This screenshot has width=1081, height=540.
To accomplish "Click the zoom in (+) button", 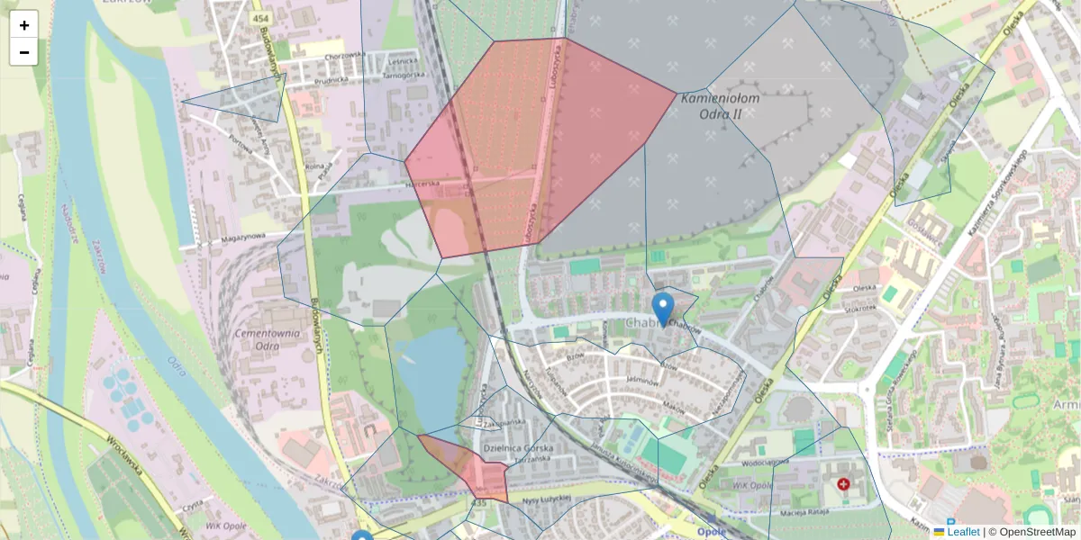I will click(x=24, y=25).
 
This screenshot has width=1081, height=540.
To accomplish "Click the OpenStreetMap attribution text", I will click(x=1037, y=532).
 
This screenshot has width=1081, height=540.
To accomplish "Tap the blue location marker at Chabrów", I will click(x=663, y=309).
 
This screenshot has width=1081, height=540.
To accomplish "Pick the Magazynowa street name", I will click(x=242, y=238).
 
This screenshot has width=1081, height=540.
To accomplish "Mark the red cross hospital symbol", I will click(x=843, y=484).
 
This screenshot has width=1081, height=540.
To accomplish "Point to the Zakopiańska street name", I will click(x=504, y=420).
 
